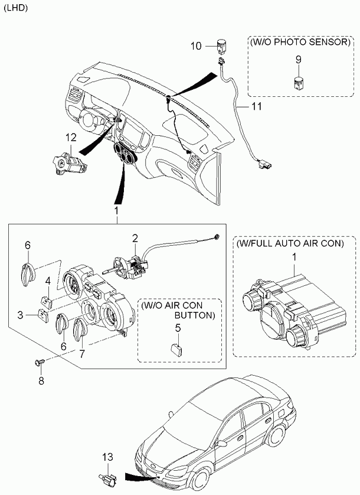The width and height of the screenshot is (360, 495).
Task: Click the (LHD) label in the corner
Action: click(x=16, y=8)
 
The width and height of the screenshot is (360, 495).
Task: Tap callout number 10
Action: click(x=195, y=46)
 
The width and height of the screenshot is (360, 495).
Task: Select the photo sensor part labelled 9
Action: click(x=297, y=83)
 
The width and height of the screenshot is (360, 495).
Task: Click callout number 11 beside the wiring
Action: click(x=257, y=106)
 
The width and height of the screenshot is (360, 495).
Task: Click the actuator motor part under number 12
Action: click(x=70, y=162)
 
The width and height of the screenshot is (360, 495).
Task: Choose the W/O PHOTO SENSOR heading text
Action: click(x=300, y=42)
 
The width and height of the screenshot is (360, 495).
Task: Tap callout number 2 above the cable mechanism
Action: click(x=135, y=239)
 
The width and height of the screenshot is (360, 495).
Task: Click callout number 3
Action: click(x=21, y=315)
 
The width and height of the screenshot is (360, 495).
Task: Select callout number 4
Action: click(x=48, y=281)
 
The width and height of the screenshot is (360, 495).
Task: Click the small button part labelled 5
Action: click(x=176, y=350)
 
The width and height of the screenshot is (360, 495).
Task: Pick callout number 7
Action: click(x=82, y=354)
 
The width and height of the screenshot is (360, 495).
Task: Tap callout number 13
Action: click(x=107, y=457)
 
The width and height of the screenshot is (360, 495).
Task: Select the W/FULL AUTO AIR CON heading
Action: click(x=290, y=243)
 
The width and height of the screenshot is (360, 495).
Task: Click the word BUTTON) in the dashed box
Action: click(x=195, y=315)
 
